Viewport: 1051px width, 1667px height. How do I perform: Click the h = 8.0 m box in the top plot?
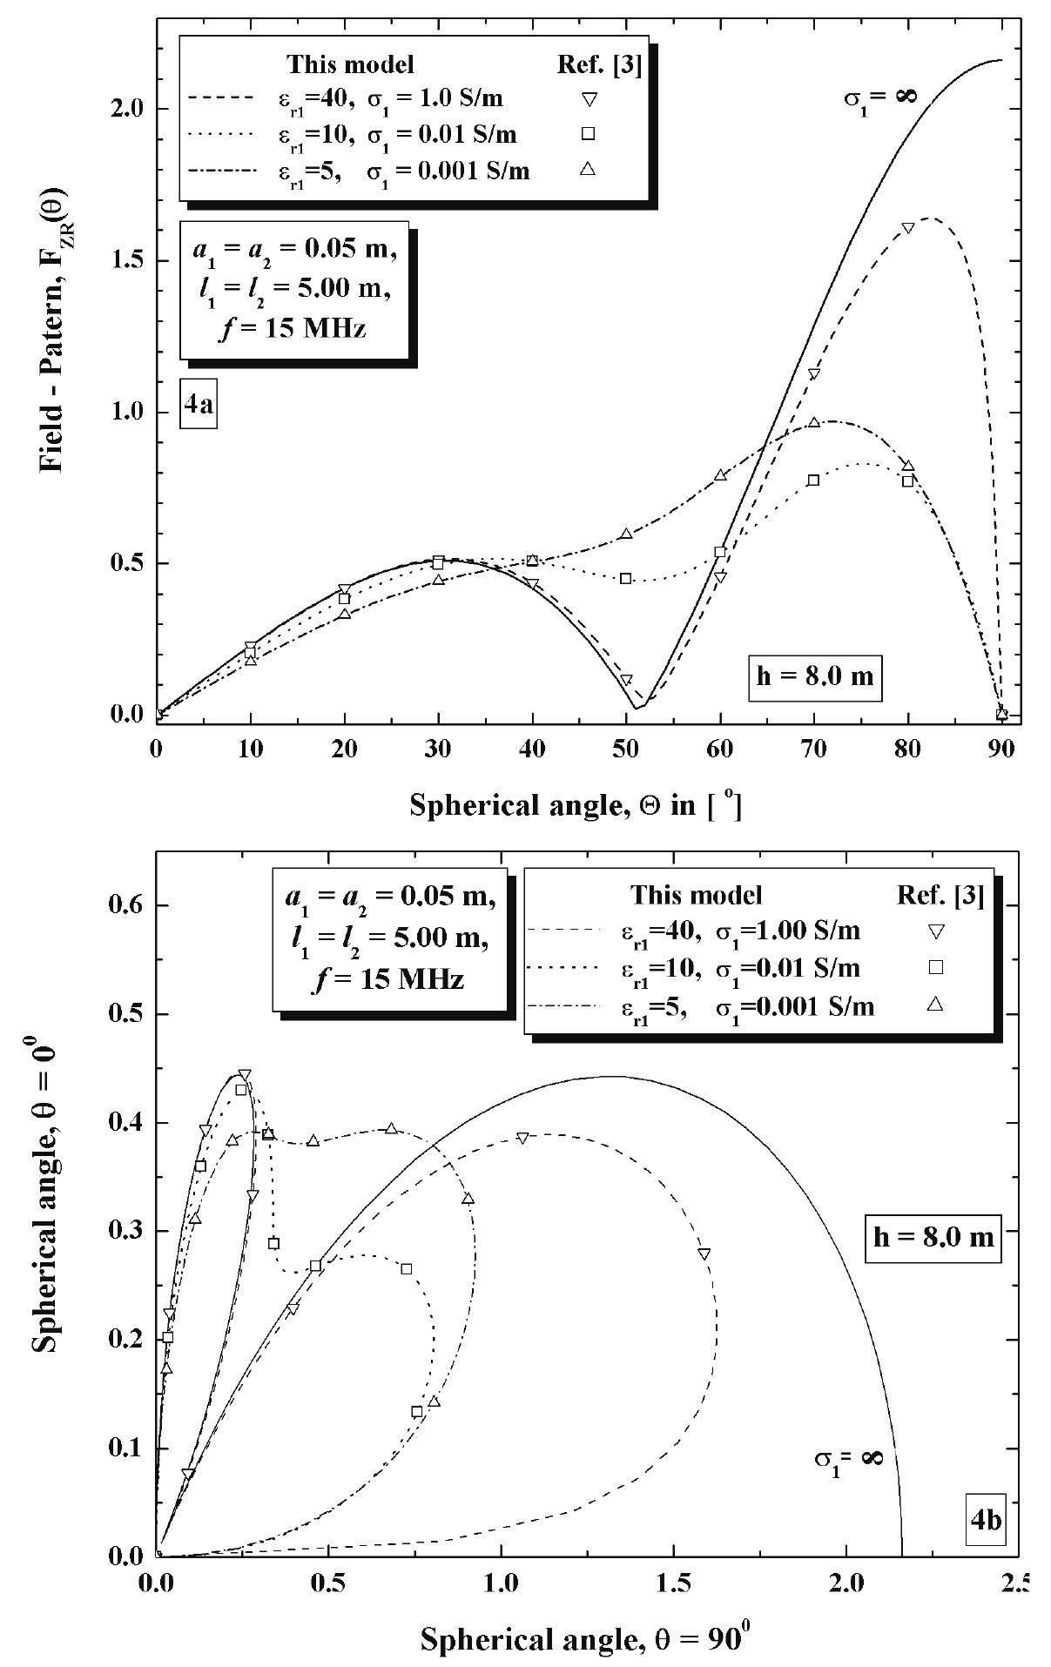(x=815, y=676)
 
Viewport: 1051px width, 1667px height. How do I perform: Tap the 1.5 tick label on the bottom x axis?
(x=673, y=1579)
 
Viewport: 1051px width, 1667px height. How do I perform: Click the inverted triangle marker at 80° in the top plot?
(x=907, y=228)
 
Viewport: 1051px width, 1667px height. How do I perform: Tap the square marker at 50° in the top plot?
(x=625, y=578)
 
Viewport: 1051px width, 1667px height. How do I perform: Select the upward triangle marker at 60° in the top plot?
(x=720, y=475)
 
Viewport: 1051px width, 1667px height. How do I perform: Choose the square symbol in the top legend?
(x=589, y=133)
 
